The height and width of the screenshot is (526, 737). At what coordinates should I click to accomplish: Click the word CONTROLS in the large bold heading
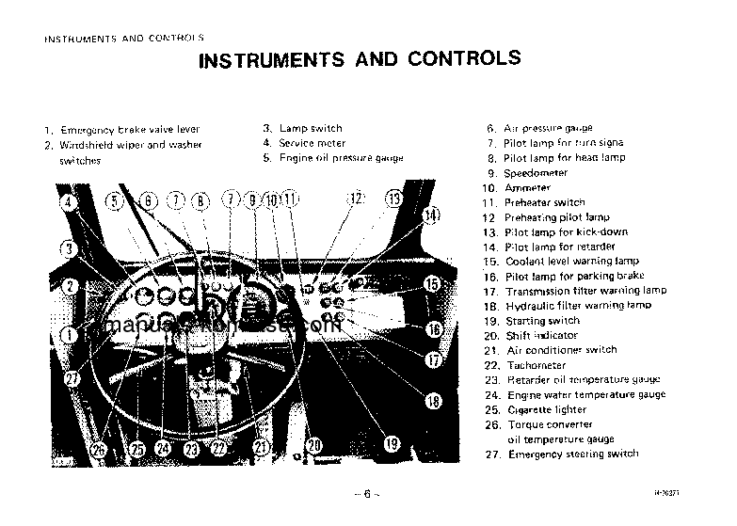coord(464,60)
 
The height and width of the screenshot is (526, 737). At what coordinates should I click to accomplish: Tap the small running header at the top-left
coord(124,39)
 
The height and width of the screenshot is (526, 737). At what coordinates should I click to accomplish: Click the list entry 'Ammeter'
coord(527,188)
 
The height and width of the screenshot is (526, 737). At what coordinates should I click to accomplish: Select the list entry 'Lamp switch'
coord(310,128)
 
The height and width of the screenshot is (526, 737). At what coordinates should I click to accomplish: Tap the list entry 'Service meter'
coord(311,143)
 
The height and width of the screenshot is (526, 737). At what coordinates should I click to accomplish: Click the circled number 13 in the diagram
coord(393,199)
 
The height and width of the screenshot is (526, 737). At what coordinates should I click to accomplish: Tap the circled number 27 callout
coord(72,377)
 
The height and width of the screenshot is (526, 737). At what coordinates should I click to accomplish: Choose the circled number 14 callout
coord(429,215)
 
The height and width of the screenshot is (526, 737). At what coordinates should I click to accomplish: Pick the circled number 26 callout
coord(100,450)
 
